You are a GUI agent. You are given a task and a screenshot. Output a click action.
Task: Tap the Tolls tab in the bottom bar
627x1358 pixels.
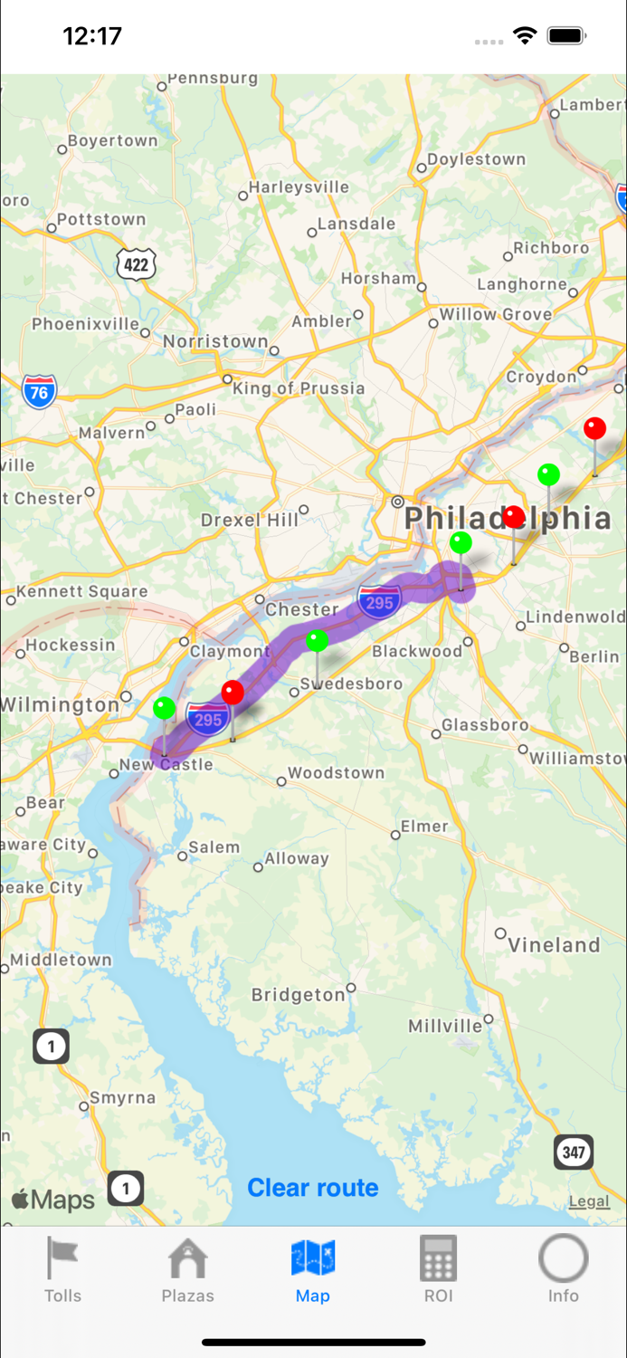62,1269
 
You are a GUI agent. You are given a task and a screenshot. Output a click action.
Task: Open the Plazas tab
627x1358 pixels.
187,1269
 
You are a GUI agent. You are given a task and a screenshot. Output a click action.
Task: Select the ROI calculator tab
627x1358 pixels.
438,1269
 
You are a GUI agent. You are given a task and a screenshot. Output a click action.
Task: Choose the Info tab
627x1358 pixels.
563,1269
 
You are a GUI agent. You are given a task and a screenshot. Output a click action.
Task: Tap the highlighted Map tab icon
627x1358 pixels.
313,1258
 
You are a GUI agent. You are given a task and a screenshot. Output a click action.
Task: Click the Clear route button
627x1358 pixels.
313,1187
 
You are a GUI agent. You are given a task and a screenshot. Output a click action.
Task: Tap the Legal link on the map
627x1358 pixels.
589,1201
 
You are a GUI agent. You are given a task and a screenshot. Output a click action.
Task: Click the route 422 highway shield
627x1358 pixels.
136,263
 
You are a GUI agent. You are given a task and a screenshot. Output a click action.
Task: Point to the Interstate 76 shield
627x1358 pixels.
39,392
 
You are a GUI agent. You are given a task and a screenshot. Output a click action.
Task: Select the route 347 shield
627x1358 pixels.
574,1152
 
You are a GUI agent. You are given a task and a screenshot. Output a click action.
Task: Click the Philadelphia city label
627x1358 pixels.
507,519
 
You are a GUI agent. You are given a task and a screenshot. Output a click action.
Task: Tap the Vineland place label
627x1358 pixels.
554,945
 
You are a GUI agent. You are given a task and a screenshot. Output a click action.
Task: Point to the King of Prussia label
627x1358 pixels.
299,388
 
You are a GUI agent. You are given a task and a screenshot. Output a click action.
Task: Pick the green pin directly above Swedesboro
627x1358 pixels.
317,641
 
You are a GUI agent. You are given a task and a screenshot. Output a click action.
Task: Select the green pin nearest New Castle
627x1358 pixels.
164,707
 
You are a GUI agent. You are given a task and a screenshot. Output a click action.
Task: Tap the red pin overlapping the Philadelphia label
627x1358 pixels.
514,517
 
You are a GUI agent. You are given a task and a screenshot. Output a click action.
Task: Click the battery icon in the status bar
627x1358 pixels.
567,36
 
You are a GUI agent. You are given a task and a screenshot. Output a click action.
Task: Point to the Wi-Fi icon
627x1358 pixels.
524,36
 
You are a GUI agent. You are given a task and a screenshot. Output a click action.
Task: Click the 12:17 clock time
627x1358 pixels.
92,36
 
